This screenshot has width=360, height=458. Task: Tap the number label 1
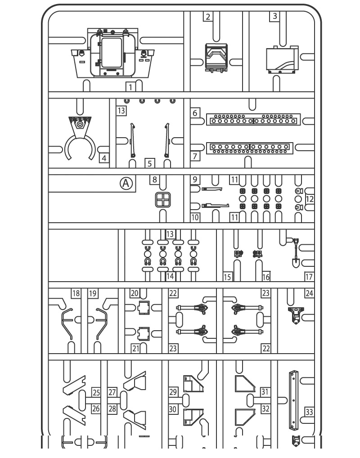[130, 87]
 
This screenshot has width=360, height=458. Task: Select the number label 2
[207, 17]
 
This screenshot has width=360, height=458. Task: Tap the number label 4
[104, 158]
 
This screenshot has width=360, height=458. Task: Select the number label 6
[195, 113]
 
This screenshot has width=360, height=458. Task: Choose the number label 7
[195, 157]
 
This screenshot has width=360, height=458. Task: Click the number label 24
[309, 293]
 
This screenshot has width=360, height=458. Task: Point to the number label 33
[309, 412]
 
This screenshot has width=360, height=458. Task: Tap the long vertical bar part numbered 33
[293, 400]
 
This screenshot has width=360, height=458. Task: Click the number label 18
[76, 293]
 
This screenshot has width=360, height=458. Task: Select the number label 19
[93, 293]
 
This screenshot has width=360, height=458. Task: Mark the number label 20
[134, 293]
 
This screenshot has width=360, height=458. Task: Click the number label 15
[227, 277]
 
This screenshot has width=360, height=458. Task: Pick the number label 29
[173, 392]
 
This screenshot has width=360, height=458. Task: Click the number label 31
[265, 392]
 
